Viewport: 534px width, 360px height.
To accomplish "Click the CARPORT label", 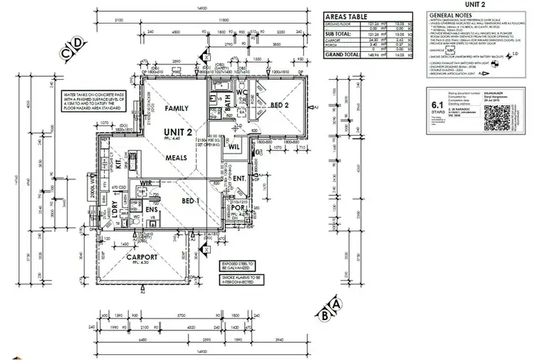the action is (147, 258).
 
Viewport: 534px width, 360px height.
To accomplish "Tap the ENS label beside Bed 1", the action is (152, 211).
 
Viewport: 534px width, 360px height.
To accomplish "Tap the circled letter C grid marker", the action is (66, 52).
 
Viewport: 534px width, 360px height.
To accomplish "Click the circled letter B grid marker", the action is (325, 314).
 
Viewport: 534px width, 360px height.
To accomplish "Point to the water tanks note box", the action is (87, 101).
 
